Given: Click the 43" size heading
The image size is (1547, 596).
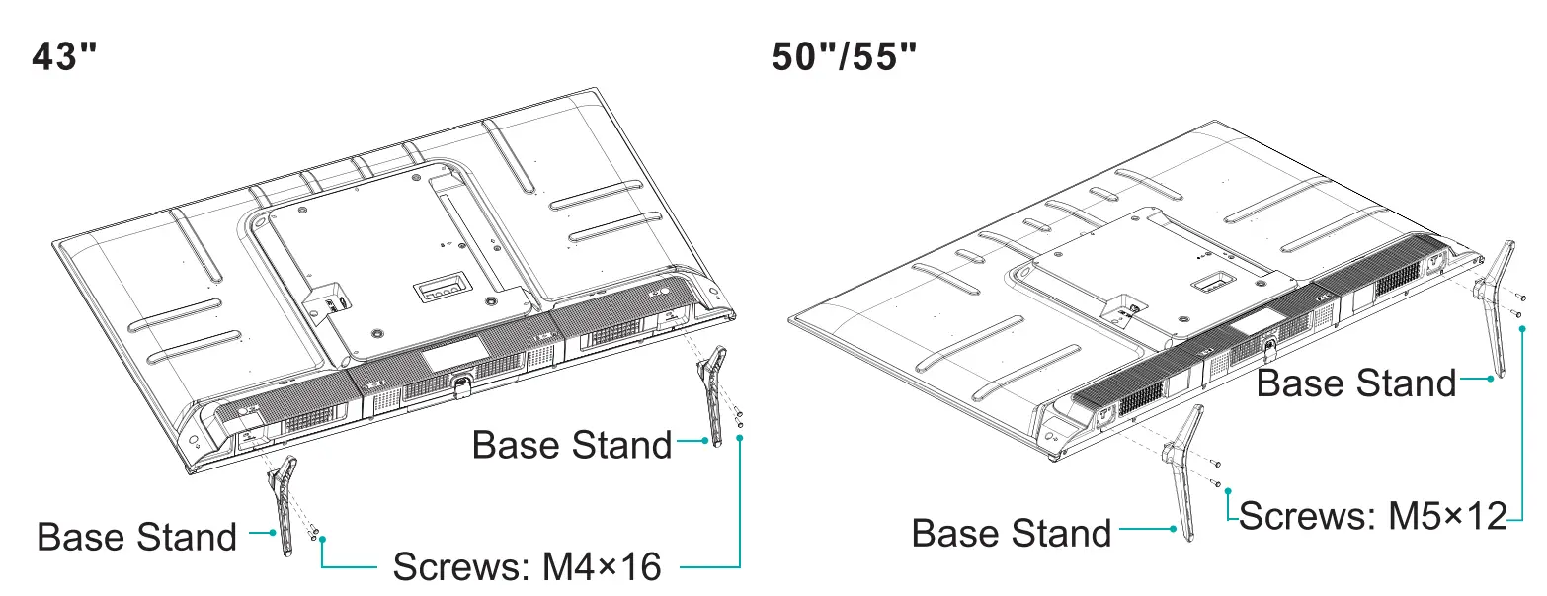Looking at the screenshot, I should point(65,57).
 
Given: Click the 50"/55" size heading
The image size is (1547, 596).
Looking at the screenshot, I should point(845,57).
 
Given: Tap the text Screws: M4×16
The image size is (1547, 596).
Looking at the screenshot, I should point(527,567).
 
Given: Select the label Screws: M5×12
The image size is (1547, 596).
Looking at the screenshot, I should point(1373,515).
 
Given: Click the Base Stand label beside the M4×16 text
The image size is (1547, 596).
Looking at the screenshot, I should point(136,537).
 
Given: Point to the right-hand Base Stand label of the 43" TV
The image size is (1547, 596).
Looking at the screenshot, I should point(572,444).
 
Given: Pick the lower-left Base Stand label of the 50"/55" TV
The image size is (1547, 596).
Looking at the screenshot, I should point(1012,533).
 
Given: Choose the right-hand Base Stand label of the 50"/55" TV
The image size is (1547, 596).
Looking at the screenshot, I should point(1356,383).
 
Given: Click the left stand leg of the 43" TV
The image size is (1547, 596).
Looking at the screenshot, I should point(280,504).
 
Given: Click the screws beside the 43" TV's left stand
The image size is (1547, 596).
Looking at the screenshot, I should point(312,531).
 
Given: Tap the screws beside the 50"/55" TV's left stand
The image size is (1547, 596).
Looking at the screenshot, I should point(1217,474).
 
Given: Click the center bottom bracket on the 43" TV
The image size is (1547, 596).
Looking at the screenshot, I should point(459,381).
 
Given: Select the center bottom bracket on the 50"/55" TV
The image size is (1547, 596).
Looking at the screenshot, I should point(1269,347).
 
